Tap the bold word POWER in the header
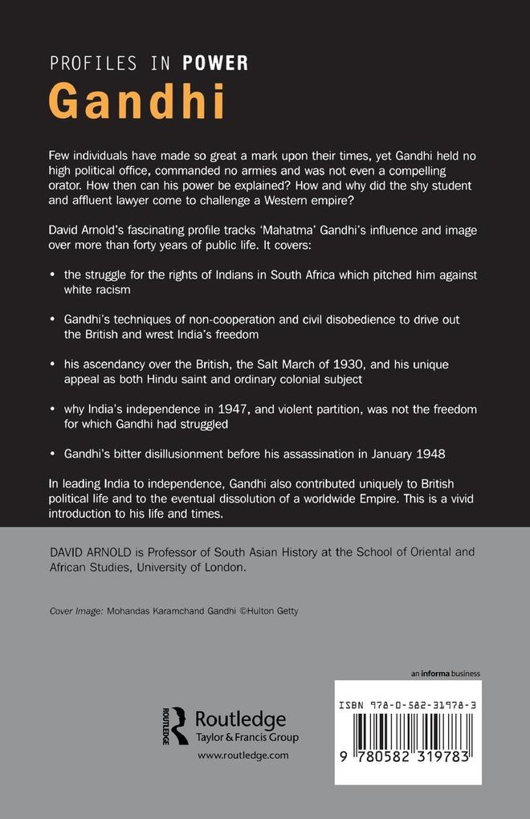pyautogui.click(x=214, y=63)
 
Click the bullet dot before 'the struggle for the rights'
pyautogui.click(x=53, y=275)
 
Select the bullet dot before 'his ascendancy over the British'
pyautogui.click(x=53, y=365)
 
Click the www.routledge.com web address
pyautogui.click(x=243, y=756)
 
